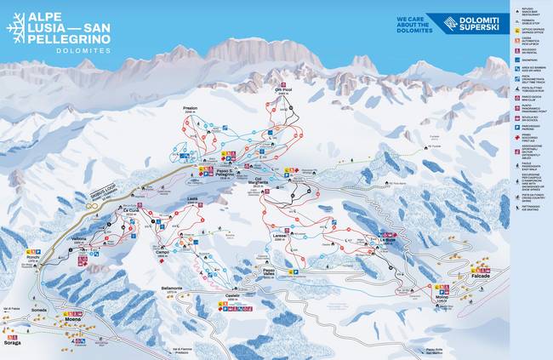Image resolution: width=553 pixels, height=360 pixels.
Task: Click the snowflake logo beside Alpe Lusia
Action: click(15, 28)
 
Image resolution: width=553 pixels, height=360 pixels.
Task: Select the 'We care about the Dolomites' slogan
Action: click(414, 24)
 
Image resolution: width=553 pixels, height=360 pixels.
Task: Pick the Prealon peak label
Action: click(191, 109)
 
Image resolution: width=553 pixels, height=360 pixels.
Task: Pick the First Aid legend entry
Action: click(529, 137)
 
